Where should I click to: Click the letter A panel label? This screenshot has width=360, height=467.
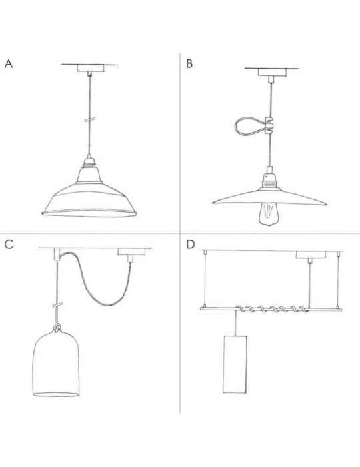coord(9,64)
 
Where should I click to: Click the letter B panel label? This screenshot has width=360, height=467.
coord(189,64)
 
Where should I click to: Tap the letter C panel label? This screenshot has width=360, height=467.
coord(9,244)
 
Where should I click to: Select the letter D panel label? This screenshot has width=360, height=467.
coord(191,244)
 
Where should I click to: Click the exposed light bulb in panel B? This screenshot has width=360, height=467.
coord(269,214)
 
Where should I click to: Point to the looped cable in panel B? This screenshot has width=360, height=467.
coord(249,126)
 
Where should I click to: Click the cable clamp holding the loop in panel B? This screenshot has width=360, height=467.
coord(269,125)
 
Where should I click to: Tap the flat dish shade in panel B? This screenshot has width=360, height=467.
coord(269,197)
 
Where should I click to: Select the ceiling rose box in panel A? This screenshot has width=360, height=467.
coord(91,68)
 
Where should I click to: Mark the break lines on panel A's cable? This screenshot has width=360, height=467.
coord(89,119)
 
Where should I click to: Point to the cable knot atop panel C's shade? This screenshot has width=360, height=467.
coord(57,328)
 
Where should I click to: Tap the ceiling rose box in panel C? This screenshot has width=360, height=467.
coord(131,252)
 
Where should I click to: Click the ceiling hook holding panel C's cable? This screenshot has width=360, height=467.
coord(57,254)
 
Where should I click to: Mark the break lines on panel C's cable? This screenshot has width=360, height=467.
coord(58,306)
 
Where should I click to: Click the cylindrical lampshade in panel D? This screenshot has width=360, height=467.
coord(235,364)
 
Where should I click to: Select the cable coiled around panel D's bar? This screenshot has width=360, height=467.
coord(271,309)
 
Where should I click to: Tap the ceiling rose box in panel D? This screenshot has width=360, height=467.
coord(311,255)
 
